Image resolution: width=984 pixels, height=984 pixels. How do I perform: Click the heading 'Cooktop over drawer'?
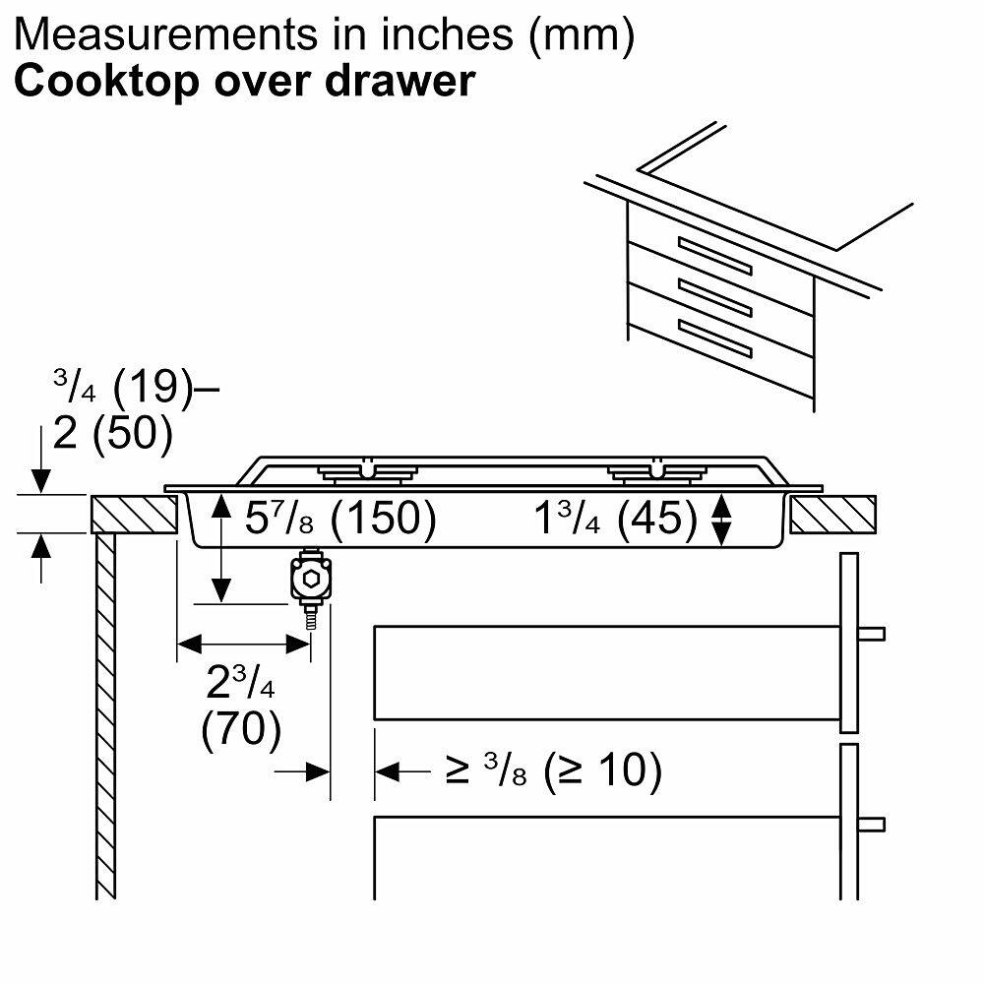coord(244,81)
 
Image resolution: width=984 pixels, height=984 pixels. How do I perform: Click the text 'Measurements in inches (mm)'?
coord(325,34)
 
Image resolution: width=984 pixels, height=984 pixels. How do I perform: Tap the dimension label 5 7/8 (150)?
coord(339,519)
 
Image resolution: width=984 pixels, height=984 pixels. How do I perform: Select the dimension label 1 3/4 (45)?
coord(615,519)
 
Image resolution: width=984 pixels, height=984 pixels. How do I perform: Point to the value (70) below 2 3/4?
coord(241,730)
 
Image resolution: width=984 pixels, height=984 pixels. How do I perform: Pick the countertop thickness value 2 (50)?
coord(112,433)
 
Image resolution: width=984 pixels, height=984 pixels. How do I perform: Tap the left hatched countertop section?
coord(134,515)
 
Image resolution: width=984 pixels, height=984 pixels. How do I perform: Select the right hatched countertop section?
coord(832,515)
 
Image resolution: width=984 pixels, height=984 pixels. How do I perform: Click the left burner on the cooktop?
coord(366,473)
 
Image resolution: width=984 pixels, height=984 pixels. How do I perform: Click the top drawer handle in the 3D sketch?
coord(713,255)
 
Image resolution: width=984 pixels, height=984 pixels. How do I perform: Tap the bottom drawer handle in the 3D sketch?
coord(713,338)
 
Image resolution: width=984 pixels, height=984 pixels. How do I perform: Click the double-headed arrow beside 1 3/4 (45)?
coord(722,519)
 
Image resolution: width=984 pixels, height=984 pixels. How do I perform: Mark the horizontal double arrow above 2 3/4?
coord(243,645)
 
